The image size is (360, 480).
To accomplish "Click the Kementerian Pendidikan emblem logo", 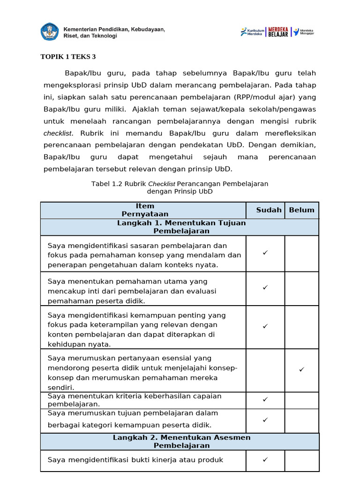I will (50, 31).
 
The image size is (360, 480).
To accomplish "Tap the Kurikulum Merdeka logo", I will (252, 32).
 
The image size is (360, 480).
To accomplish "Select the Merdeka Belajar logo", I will (278, 31).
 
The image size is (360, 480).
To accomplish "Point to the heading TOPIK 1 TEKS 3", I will (68, 57).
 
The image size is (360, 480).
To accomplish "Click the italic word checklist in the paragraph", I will (58, 133).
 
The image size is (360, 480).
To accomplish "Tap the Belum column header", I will (301, 210).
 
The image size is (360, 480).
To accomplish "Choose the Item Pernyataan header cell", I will (144, 210).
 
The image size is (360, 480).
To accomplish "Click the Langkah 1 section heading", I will (181, 227).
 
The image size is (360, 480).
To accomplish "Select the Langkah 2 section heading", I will (181, 441).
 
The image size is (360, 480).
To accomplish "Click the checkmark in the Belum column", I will (301, 370).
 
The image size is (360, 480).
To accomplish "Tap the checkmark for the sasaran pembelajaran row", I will (265, 253).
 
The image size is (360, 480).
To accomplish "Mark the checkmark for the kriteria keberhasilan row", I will (265, 399).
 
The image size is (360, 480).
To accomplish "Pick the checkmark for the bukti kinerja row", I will (265, 459).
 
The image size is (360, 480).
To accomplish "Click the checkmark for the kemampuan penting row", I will (265, 326).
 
